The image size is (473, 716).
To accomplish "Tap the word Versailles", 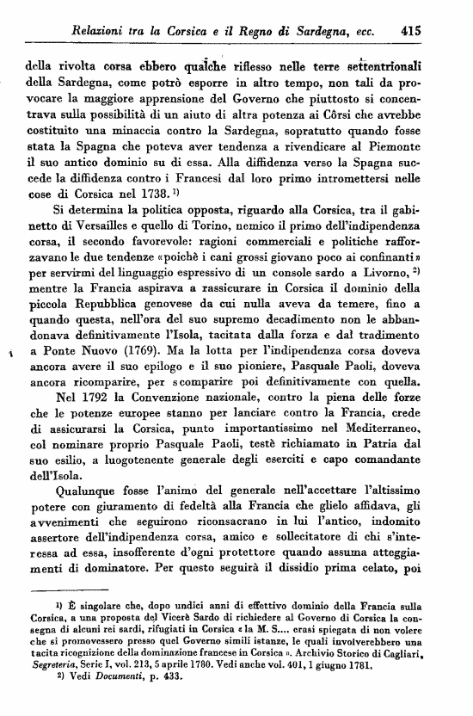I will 130,232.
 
